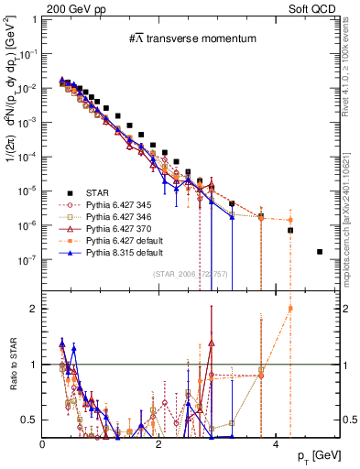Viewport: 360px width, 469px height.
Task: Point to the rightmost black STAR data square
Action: coord(320,252)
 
